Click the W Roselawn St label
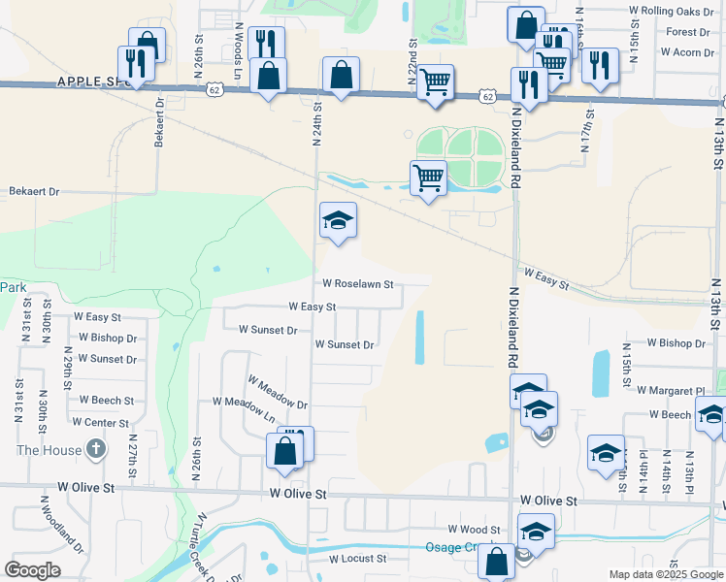click(x=358, y=284)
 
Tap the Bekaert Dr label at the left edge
click(x=34, y=192)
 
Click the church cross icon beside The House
click(x=94, y=449)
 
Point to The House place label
click(x=43, y=450)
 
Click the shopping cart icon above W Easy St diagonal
click(x=428, y=179)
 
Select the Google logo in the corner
click(x=32, y=570)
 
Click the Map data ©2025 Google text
click(x=666, y=574)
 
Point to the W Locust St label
click(x=357, y=559)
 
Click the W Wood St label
click(x=474, y=530)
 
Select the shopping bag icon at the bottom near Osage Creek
click(x=497, y=562)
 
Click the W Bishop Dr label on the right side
click(x=676, y=343)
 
